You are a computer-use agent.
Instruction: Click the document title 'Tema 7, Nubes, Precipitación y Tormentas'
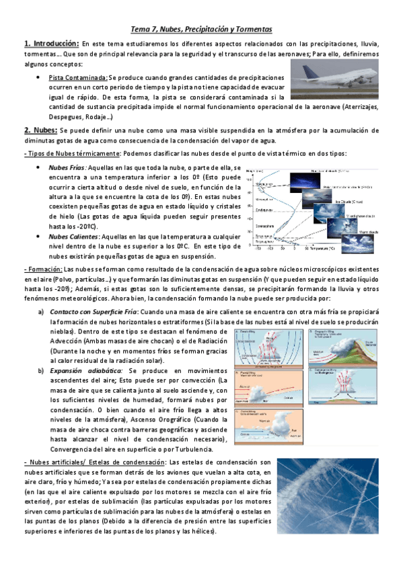click(x=201, y=30)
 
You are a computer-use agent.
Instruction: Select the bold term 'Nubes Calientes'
click(x=75, y=236)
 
